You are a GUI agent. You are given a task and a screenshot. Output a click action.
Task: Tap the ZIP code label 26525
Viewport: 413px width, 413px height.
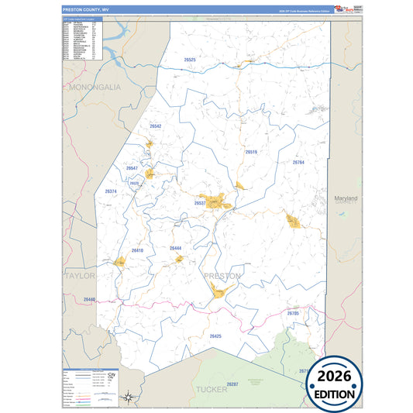191,60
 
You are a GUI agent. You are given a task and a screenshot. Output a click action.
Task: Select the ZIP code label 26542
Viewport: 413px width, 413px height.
155,126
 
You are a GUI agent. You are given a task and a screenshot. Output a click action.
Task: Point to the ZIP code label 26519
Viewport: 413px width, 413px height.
251,152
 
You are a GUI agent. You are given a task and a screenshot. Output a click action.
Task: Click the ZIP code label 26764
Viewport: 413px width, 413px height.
298,163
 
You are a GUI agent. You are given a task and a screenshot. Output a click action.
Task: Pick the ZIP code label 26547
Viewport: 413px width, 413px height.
132,167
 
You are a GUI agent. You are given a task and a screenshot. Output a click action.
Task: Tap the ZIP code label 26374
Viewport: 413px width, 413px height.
111,191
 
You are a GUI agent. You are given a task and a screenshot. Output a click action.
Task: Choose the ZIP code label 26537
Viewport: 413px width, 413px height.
200,203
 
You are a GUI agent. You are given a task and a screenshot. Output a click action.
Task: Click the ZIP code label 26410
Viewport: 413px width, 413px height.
137,250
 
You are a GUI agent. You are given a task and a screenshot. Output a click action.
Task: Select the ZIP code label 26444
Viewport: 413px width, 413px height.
175,248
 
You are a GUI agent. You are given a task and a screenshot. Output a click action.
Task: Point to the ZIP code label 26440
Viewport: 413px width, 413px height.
89,299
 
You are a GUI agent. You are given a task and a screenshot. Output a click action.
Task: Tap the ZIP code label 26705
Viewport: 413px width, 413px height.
293,313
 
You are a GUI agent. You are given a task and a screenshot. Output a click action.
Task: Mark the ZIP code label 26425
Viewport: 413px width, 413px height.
215,336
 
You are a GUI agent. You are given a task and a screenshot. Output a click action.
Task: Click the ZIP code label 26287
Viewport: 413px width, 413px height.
233,384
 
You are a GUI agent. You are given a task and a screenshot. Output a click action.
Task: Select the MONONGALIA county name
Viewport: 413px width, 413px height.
95,88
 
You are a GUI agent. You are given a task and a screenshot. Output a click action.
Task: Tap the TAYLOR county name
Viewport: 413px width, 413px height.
79,275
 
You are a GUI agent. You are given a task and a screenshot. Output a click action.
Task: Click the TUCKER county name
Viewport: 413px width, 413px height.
212,389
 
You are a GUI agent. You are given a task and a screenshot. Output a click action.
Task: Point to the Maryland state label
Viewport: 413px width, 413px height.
346,198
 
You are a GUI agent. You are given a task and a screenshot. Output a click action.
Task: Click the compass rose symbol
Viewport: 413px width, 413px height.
129,398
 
